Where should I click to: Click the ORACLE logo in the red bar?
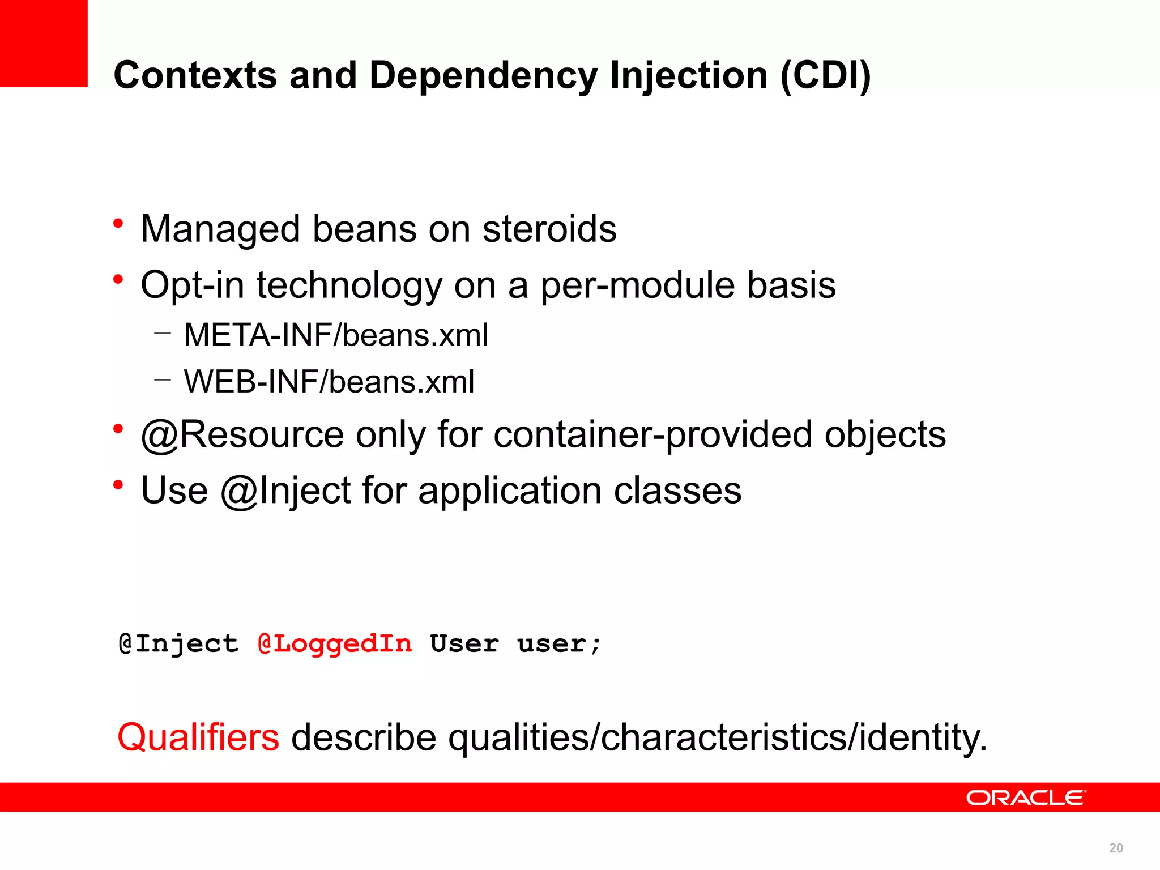1026,797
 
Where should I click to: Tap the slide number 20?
1116,848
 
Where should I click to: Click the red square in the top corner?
44,43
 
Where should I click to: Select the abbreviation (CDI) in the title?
825,76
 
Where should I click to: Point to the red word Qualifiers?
198,737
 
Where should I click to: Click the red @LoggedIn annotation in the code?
335,644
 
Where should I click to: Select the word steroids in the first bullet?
549,229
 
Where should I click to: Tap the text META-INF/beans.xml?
336,335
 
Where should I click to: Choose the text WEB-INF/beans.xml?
329,382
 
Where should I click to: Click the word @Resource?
242,435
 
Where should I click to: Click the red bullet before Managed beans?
118,224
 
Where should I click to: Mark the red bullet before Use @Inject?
118,485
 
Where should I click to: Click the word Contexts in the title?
195,76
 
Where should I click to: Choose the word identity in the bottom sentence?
923,737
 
